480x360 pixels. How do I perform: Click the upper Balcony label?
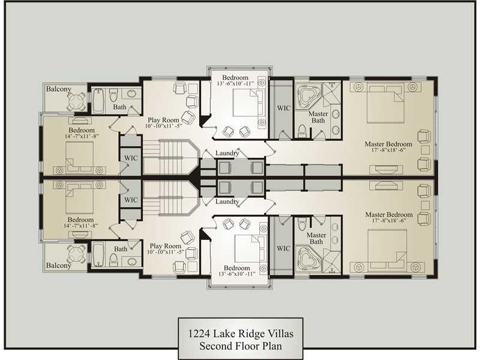(x=58, y=89)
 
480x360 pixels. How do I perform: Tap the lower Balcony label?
(x=58, y=265)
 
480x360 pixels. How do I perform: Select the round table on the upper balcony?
(x=76, y=101)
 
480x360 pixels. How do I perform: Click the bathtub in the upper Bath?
(x=98, y=101)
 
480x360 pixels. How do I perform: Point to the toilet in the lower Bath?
(x=113, y=259)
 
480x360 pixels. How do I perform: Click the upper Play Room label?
(x=163, y=120)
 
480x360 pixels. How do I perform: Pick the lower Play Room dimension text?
(x=166, y=252)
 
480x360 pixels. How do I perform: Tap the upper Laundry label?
(x=227, y=153)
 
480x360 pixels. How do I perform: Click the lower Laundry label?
(x=227, y=202)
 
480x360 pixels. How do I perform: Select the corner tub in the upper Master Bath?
(x=308, y=94)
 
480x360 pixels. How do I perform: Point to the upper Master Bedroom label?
(x=388, y=144)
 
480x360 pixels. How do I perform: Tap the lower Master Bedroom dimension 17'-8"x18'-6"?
(x=389, y=220)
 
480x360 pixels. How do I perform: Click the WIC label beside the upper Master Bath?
(x=284, y=108)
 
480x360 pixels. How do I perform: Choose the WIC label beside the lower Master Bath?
(x=283, y=248)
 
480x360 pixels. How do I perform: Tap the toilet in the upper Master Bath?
(x=302, y=131)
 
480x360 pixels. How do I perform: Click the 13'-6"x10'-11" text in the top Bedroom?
(x=235, y=83)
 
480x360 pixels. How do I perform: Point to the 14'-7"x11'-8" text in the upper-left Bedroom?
(x=82, y=136)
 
